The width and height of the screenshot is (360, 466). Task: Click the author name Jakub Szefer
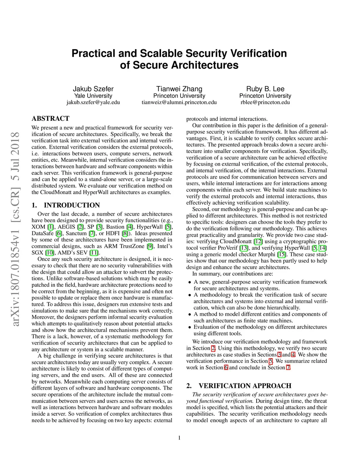point(93,89)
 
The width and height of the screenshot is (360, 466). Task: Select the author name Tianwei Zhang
point(179,89)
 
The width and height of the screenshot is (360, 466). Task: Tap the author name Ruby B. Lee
point(265,89)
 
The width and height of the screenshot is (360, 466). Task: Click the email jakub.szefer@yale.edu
point(93,102)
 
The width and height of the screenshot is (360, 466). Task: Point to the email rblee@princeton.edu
point(265,102)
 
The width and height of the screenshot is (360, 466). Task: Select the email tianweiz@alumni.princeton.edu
point(179,102)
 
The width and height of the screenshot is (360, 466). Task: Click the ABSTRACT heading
point(51,119)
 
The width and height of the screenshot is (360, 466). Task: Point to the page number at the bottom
point(179,438)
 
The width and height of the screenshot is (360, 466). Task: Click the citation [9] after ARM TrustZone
point(150,246)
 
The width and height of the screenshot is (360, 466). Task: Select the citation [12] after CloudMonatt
point(258,242)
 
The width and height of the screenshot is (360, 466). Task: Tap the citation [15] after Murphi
point(282,254)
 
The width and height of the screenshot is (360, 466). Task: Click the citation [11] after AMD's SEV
point(94,253)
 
